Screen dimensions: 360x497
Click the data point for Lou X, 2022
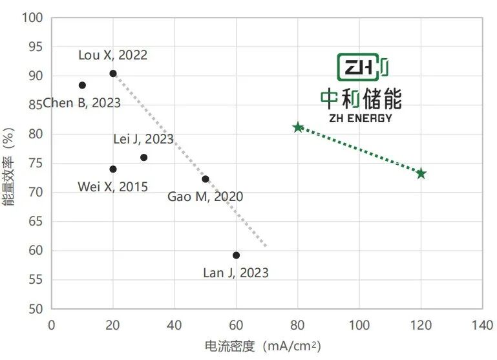coord(113,74)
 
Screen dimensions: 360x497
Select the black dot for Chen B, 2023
coord(82,85)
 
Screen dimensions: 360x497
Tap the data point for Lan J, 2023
coord(236,255)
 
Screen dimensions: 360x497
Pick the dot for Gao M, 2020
coord(206,179)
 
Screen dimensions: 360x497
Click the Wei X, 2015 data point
coord(113,169)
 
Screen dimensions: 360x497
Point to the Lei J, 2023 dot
coord(143,158)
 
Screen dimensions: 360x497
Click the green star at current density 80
coord(298,127)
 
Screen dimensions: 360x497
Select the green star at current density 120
coord(421,173)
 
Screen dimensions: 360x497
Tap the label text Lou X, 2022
coord(112,55)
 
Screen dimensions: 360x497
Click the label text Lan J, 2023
coord(235,273)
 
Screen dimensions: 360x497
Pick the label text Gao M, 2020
coord(205,196)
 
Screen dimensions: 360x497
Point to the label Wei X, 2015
coord(112,187)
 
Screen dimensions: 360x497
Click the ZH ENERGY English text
coord(361,118)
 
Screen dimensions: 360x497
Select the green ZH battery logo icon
coord(362,68)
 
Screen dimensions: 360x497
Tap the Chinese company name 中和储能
coord(361,99)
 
